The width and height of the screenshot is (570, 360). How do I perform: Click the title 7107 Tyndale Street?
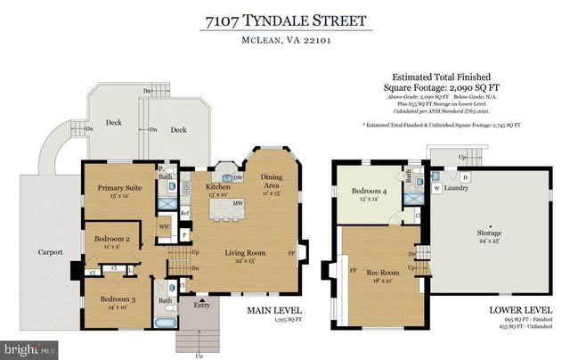284,19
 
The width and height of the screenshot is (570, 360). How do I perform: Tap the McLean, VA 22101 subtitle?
284,38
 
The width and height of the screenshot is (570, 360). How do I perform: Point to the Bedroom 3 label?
117,299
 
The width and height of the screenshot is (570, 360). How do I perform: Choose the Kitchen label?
219,188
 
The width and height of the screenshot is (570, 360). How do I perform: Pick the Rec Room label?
381,272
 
